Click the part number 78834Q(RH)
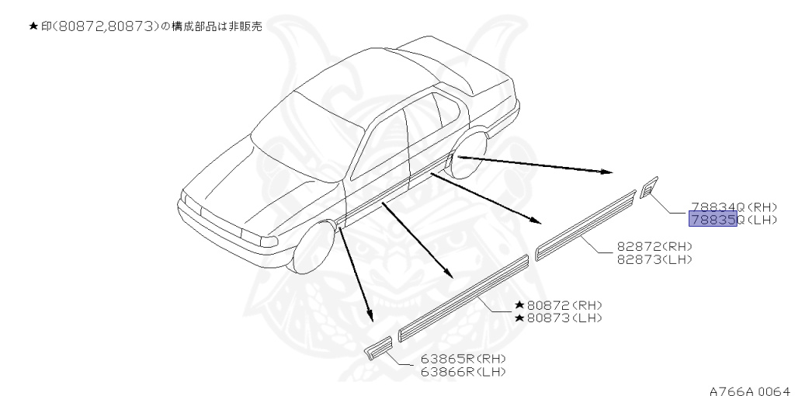[x=733, y=208]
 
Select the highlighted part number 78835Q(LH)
[x=733, y=221]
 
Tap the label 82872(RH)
[x=654, y=247]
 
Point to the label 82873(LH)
[x=654, y=259]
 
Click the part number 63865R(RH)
[x=463, y=360]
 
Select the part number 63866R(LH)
[x=463, y=372]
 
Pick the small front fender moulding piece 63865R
[x=380, y=348]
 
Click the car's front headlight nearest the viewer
[x=256, y=236]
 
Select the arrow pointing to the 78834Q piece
[x=536, y=165]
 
